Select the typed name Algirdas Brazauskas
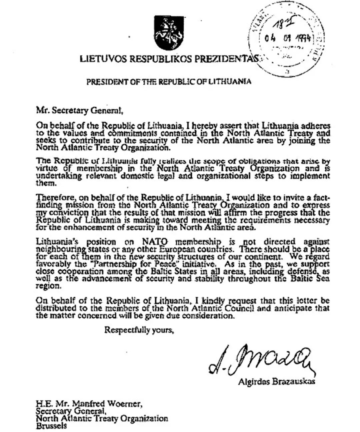coord(276,382)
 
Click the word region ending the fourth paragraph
coord(45,286)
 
